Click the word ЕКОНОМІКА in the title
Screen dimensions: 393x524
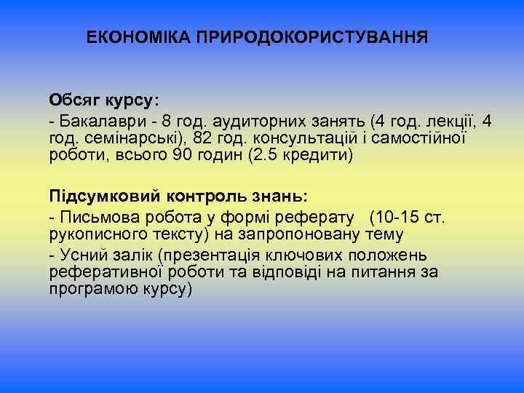138,36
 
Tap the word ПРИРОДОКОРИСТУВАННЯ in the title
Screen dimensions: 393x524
311,36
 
